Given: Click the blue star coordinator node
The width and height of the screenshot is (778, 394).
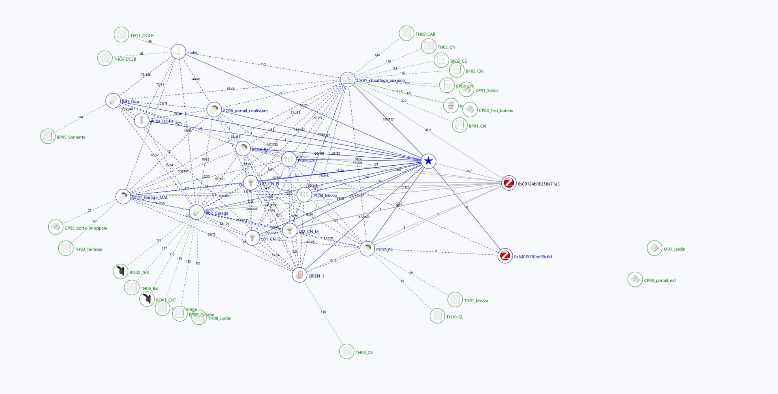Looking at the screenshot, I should [428, 161].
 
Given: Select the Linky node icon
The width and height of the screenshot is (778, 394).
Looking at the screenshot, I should [178, 51].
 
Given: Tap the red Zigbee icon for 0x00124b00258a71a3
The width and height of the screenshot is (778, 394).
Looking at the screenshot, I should [509, 183].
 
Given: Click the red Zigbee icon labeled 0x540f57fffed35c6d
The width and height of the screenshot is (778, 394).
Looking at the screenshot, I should [505, 256].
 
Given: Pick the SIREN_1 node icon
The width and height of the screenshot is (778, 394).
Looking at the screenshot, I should [299, 275].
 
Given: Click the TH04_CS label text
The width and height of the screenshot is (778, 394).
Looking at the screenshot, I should [364, 353].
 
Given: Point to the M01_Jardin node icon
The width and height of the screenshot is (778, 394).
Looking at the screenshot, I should [654, 248].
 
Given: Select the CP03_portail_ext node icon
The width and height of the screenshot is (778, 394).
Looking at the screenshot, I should [635, 279].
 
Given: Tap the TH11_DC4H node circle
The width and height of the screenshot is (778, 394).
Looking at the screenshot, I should [121, 34].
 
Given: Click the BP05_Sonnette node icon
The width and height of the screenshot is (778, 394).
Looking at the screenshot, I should [48, 136].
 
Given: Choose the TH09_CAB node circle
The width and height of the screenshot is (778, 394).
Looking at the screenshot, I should [406, 33].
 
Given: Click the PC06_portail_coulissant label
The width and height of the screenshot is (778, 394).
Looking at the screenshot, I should [245, 111].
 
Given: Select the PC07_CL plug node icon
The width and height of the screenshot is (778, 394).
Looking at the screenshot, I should [367, 248].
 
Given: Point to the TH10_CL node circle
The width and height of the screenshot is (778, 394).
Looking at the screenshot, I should [437, 315].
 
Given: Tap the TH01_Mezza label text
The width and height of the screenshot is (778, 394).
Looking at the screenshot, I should [476, 301].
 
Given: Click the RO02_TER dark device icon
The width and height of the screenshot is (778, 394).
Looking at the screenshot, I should [121, 271].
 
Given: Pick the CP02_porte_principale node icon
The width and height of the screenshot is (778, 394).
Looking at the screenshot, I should [56, 227].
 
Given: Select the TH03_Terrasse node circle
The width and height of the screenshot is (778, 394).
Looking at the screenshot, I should [65, 248].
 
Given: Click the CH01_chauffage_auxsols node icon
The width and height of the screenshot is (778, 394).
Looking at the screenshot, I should [347, 79].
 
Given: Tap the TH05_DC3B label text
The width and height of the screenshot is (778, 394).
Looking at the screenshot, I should [125, 60].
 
